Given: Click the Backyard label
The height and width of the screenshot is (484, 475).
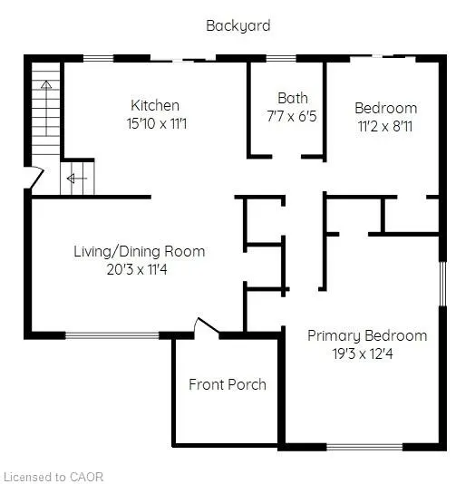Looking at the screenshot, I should coord(237,25).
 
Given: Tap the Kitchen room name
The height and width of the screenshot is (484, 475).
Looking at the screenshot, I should coord(155,105).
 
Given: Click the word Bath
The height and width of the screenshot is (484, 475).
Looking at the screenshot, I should coord(293,98).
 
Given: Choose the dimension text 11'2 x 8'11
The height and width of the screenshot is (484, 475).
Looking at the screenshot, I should coord(385,126).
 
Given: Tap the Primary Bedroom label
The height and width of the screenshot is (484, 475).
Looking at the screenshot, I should coord(367,335).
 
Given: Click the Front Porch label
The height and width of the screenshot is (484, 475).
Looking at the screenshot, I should coord(228,384).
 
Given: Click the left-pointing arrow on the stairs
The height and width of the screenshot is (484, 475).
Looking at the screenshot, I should coord(73,179).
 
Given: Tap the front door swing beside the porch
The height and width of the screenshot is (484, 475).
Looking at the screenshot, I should coord(205,326).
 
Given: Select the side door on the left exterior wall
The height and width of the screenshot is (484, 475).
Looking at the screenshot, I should coord(31,179).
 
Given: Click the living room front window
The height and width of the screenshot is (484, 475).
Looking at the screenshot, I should coord(112,335).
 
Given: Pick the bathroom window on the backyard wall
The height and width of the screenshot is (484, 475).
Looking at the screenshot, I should coord(282,59).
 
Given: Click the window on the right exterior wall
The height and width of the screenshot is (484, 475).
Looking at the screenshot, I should coord(442,283).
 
